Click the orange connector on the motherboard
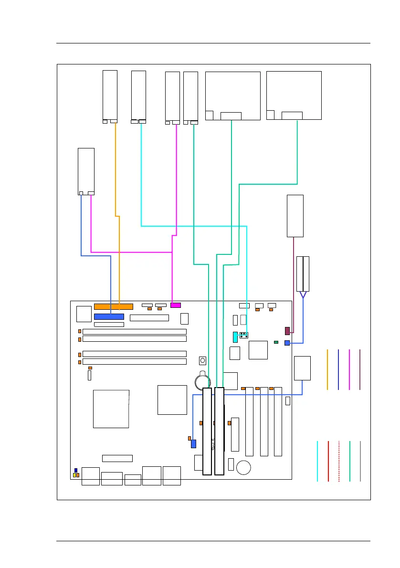114,306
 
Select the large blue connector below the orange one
109,316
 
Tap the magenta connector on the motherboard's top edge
176,305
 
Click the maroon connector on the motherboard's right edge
287,331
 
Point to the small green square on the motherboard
276,342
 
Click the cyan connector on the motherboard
235,337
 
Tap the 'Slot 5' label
213,444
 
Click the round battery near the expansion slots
202,380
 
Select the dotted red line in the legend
339,461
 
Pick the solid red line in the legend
328,461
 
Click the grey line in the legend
360,461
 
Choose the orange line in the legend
327,369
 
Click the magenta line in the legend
349,369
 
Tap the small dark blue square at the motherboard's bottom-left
75,471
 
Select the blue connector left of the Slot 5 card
193,443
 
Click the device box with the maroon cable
295,216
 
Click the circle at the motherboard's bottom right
244,467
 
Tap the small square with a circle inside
203,360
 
